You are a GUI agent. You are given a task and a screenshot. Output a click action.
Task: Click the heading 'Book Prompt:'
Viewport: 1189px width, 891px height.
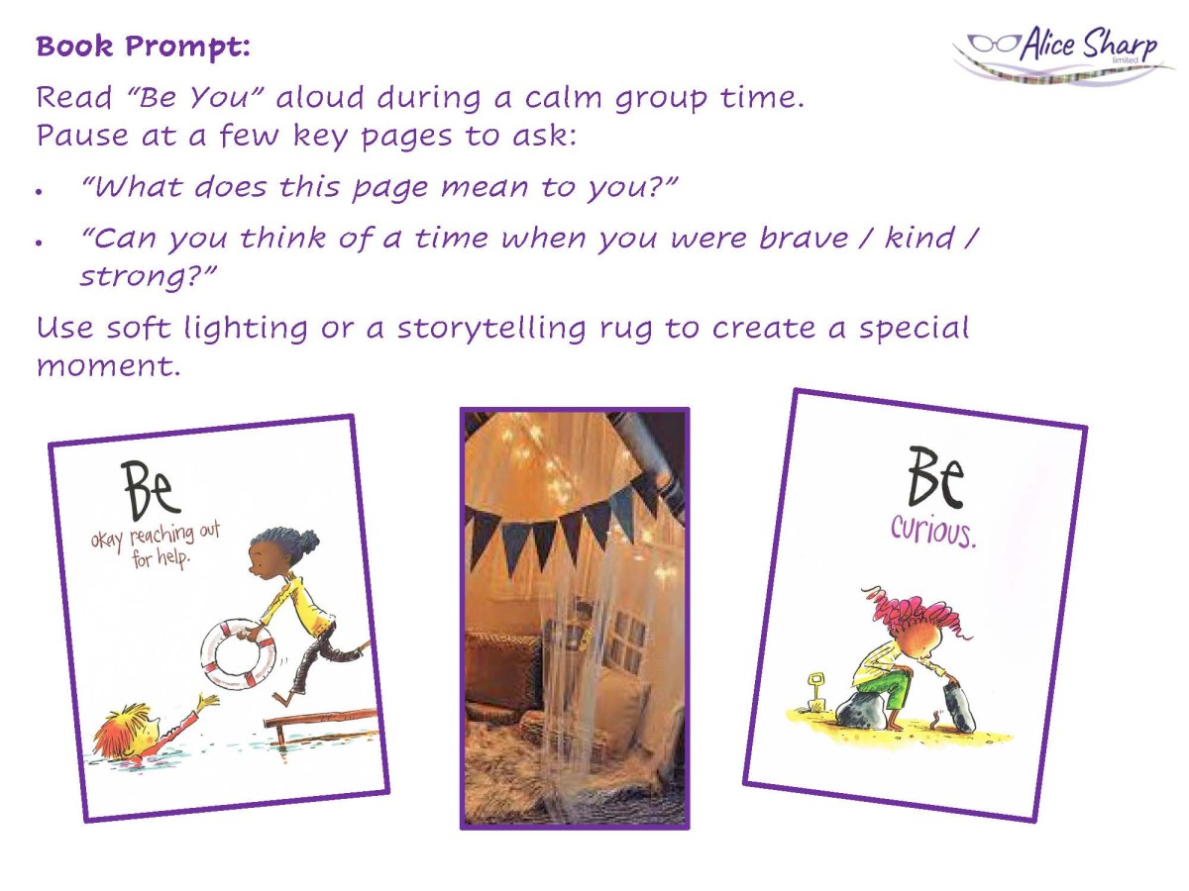143,48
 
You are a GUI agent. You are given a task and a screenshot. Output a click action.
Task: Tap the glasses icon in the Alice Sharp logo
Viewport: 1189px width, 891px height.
994,43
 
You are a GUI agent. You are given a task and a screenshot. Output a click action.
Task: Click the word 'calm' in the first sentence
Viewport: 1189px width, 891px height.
563,98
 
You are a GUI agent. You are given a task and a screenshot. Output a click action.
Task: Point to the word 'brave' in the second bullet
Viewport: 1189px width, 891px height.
804,239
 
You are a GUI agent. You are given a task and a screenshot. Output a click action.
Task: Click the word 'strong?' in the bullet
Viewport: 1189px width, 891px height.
148,277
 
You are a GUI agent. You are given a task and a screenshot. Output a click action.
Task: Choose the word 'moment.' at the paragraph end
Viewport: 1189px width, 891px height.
108,366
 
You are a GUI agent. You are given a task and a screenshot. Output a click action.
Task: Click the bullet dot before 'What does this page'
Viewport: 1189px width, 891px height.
39,191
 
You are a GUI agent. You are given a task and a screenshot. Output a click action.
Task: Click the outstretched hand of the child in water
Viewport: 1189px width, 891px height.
208,702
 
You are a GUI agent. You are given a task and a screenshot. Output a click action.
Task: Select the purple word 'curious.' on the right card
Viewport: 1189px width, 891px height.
933,532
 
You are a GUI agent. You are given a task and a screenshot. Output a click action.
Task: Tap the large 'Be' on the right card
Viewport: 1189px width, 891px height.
935,476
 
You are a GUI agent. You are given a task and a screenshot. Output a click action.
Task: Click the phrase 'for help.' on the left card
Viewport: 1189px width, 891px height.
161,557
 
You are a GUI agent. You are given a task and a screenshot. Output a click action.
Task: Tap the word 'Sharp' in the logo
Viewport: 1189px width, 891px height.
1120,44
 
